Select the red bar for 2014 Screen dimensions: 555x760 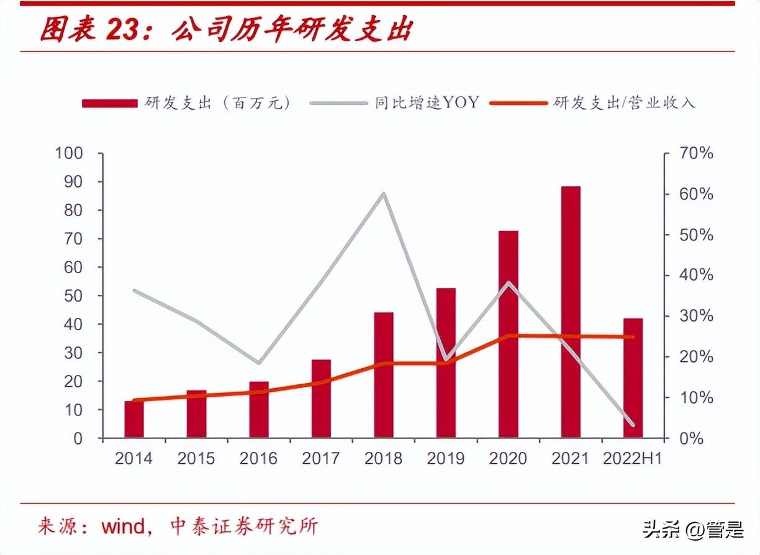coord(133,420)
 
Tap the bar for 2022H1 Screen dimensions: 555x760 coord(633,378)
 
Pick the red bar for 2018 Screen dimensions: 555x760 coord(383,375)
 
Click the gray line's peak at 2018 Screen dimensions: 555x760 coord(384,194)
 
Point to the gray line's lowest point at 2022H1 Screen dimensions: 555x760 coord(633,425)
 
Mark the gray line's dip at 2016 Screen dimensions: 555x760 coord(259,363)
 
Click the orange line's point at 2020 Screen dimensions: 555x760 coord(509,336)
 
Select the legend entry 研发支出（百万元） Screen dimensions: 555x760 coord(186,103)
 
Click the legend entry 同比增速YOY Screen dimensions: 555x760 coord(394,103)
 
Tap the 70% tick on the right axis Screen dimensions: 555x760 coord(695,153)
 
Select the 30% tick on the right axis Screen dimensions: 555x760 coord(695,316)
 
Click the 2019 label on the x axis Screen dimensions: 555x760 coord(446,458)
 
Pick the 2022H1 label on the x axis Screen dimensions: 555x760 coord(633,458)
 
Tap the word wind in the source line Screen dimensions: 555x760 coord(123,527)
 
